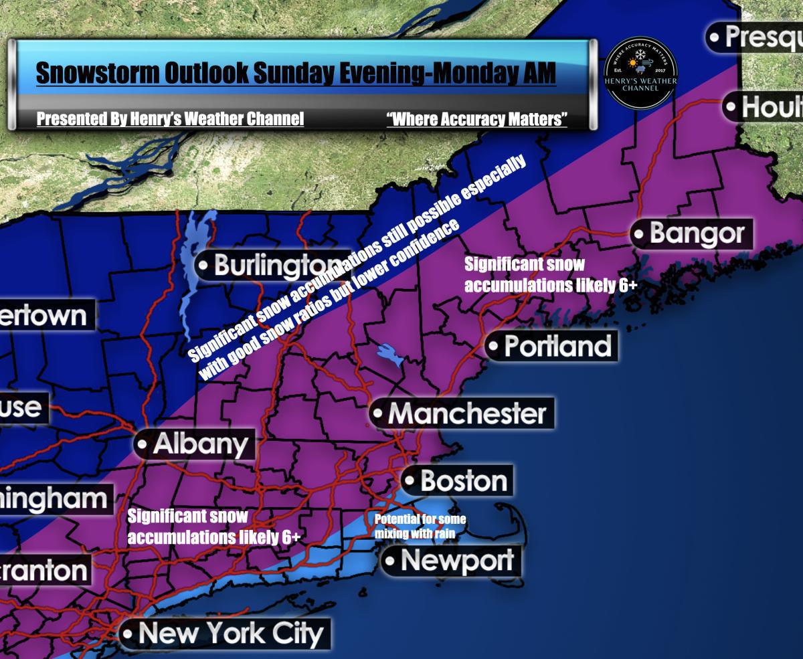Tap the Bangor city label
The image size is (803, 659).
click(696, 234)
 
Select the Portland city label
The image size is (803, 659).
click(557, 347)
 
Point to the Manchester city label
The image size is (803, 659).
click(466, 413)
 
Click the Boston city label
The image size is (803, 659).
click(463, 481)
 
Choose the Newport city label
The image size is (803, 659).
click(457, 561)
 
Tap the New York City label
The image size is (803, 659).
click(231, 633)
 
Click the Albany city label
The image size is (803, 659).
click(200, 444)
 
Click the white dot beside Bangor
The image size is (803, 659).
click(640, 235)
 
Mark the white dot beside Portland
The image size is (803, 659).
click(494, 347)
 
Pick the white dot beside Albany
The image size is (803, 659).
click(143, 444)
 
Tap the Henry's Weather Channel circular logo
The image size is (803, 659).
click(640, 72)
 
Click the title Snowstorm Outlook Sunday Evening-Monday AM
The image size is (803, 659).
click(296, 73)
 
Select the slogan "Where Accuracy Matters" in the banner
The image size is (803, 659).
click(476, 120)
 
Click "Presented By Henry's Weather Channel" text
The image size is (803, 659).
click(170, 120)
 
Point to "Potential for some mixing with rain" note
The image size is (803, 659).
click(420, 526)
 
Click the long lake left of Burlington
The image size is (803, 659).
click(190, 268)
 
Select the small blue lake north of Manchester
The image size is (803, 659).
click(389, 355)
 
